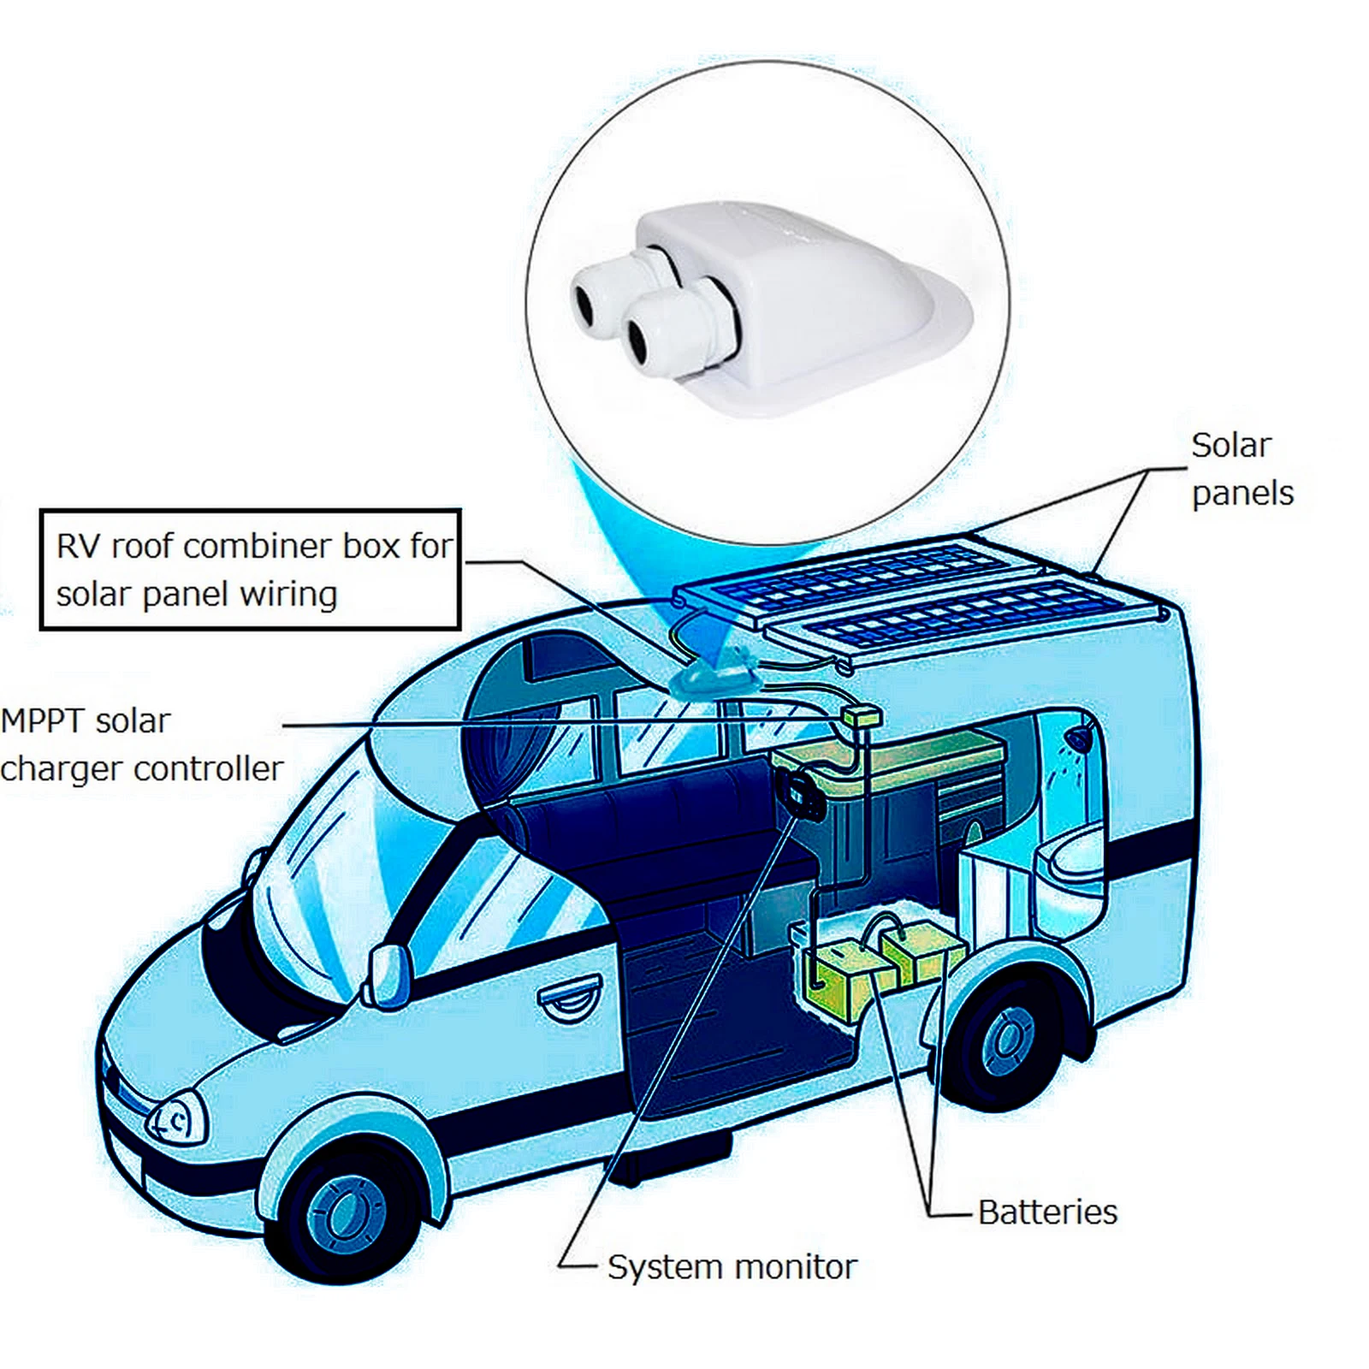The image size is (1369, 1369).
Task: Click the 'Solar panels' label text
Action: point(1242,469)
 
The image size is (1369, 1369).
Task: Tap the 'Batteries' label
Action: point(1047,1212)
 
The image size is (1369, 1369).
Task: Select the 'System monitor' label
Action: point(732,1267)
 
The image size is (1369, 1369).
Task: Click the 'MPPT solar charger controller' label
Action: point(141,744)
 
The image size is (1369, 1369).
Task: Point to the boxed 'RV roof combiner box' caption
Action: point(251,570)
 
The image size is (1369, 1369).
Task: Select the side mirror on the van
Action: point(385,975)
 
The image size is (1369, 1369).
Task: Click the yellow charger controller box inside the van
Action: point(860,717)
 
